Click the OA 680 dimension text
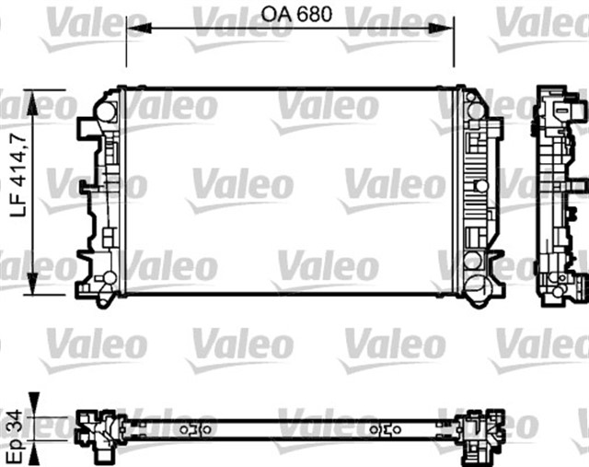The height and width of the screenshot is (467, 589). (x=295, y=14)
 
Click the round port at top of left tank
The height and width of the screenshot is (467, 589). (x=109, y=112)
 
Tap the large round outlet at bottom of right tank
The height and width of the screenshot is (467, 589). (x=477, y=290)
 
